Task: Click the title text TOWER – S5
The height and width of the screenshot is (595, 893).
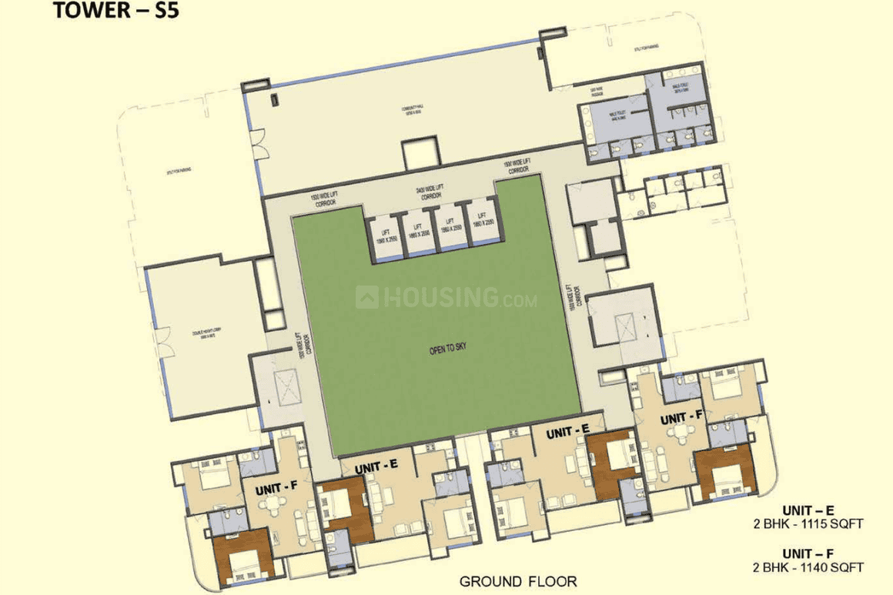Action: (x=115, y=12)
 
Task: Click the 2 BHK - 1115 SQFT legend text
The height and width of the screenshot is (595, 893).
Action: (x=808, y=523)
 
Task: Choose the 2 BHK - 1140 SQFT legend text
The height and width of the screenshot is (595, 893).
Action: (x=808, y=567)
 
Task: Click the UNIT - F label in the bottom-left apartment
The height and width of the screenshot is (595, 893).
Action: (x=266, y=490)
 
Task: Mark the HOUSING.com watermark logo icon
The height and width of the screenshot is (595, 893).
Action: (x=367, y=296)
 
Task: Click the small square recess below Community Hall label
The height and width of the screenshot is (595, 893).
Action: (x=420, y=153)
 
